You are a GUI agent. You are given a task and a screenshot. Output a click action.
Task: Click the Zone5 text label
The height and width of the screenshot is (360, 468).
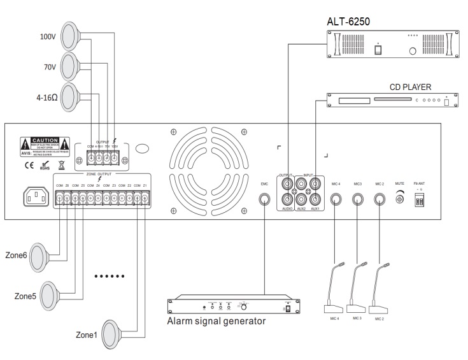tap(25, 296)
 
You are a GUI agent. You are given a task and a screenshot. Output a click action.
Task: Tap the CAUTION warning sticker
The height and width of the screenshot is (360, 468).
tap(41, 143)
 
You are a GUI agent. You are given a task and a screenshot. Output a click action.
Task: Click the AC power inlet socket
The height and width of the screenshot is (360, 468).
tap(36, 198)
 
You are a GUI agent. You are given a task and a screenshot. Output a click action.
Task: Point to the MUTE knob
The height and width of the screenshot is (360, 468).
tap(400, 199)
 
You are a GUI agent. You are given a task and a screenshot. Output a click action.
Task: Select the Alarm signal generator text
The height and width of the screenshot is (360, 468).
tap(216, 321)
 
